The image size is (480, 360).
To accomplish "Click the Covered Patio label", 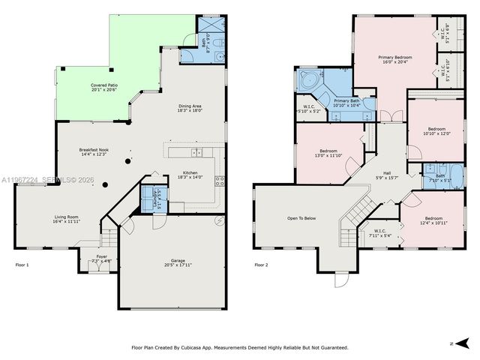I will tap(103, 85).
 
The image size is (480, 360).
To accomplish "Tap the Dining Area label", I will tap(189, 106).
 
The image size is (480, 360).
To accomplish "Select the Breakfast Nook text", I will tap(94, 150).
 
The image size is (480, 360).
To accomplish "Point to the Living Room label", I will tap(66, 217).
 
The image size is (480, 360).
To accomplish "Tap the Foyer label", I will tap(100, 256).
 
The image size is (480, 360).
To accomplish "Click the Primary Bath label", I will tap(346, 101).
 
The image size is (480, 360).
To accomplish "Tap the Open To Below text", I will tap(298, 218).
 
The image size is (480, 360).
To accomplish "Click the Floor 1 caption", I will tap(23, 265).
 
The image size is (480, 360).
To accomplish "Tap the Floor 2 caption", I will tap(260, 265).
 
